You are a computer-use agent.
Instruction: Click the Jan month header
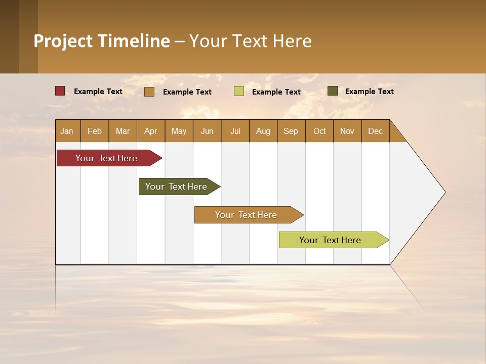coord(67,131)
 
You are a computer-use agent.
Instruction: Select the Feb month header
coord(95,131)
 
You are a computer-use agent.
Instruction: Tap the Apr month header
coord(150,131)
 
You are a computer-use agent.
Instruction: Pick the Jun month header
coord(207,131)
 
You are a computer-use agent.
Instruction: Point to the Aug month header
coord(263,131)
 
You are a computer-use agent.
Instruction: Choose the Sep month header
coord(291,131)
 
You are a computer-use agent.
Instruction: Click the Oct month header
coord(319,131)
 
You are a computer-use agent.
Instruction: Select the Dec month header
coord(375,131)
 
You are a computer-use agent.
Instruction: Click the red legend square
coord(60,91)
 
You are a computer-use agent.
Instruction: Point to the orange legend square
coord(149,92)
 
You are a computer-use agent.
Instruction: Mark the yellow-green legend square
coord(239,92)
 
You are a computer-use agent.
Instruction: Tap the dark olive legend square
coord(333,91)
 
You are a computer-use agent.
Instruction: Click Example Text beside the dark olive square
coord(369,92)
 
